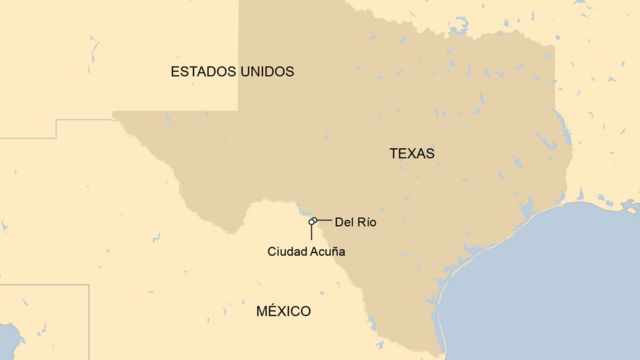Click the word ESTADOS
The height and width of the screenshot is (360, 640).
coord(204,72)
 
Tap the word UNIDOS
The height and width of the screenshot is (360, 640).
coord(267,72)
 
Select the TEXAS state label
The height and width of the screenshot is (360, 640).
coord(412,154)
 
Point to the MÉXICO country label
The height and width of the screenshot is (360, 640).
coord(283,311)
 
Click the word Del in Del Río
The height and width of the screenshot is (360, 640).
coord(345,220)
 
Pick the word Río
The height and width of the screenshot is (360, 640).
coord(368,220)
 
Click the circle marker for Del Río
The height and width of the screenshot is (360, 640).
coord(314,220)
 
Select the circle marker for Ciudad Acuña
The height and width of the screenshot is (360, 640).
coord(311,223)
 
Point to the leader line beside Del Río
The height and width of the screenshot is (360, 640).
coord(324,219)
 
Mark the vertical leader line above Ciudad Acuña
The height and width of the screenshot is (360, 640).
coord(311,234)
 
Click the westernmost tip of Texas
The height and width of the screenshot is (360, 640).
coord(114,112)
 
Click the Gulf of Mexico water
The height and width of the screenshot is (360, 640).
coord(560,290)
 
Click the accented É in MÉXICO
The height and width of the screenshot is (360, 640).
coord(270,311)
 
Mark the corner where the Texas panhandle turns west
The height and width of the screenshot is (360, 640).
coord(238,111)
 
